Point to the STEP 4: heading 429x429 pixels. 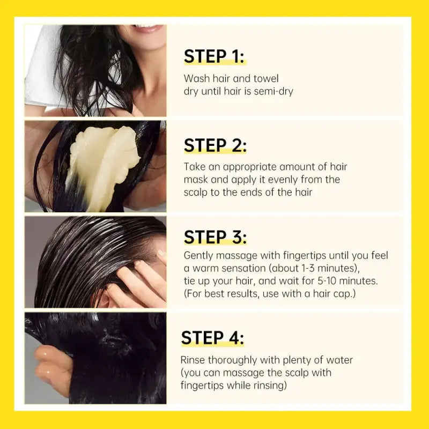pos(212,338)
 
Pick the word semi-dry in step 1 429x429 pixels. pos(273,91)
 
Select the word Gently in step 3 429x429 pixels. pos(198,256)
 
